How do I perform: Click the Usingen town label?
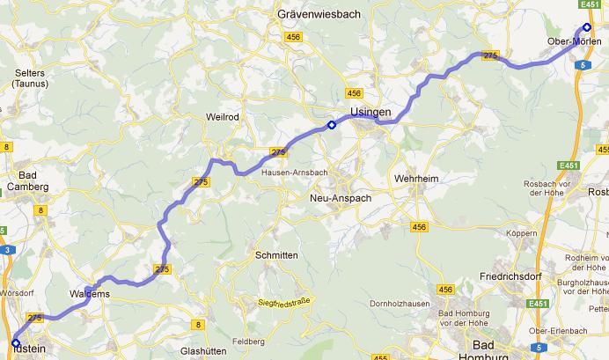[370, 113]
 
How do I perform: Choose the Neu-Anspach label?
[341, 199]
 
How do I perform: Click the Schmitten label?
[275, 254]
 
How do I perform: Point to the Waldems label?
[89, 294]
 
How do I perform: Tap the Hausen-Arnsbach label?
[294, 173]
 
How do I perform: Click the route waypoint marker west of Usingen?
[331, 124]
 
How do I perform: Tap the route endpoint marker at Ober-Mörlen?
[587, 26]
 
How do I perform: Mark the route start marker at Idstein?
[15, 343]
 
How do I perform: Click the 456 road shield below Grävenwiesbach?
[293, 37]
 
